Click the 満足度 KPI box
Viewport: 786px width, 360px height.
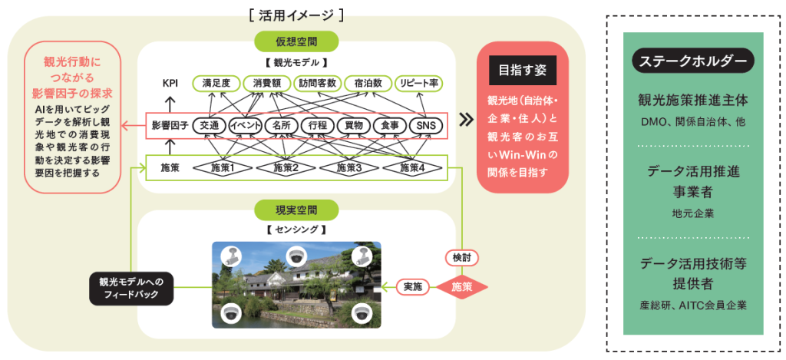[x=216, y=82]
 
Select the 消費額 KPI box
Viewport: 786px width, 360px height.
[x=269, y=82]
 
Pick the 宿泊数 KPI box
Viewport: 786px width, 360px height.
[x=368, y=82]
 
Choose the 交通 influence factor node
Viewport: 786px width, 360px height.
[x=209, y=125]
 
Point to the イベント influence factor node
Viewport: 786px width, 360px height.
[x=246, y=125]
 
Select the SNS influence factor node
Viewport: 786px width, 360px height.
[x=426, y=125]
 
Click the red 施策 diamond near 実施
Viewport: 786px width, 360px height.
[x=462, y=287]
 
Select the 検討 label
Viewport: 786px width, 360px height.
[x=462, y=256]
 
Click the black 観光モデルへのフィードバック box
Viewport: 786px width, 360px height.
[x=131, y=286]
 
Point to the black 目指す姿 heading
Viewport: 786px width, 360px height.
[x=522, y=71]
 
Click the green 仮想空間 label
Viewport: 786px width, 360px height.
[x=296, y=41]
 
